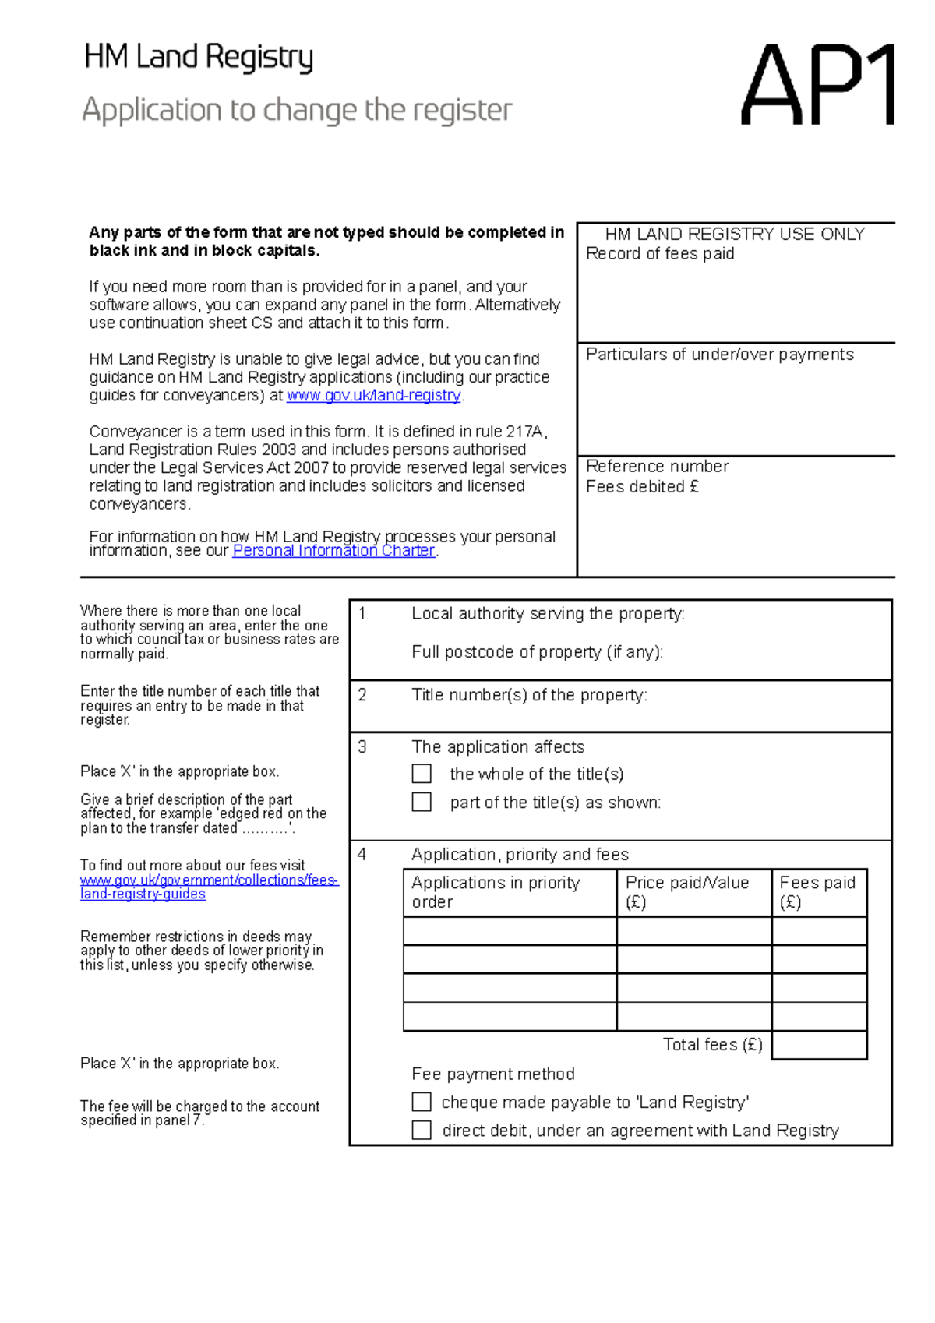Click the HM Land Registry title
coord(198,58)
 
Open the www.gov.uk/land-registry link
coord(374,395)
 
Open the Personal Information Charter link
coord(333,550)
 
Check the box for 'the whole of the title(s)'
coord(422,774)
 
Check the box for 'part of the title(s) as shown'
coord(422,802)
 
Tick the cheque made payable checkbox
coord(422,1102)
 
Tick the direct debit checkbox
coord(422,1130)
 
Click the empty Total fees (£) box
coord(819,1045)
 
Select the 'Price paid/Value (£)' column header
coord(687,892)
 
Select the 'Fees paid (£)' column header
coord(817,892)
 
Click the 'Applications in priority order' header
coord(496,892)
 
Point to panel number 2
coord(362,695)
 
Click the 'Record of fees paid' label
coord(660,254)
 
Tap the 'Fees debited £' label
coord(642,487)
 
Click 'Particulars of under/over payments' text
coord(719,355)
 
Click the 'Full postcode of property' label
coord(537,652)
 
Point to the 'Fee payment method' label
coord(493,1074)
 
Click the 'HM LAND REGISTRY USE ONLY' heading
coord(735,234)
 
